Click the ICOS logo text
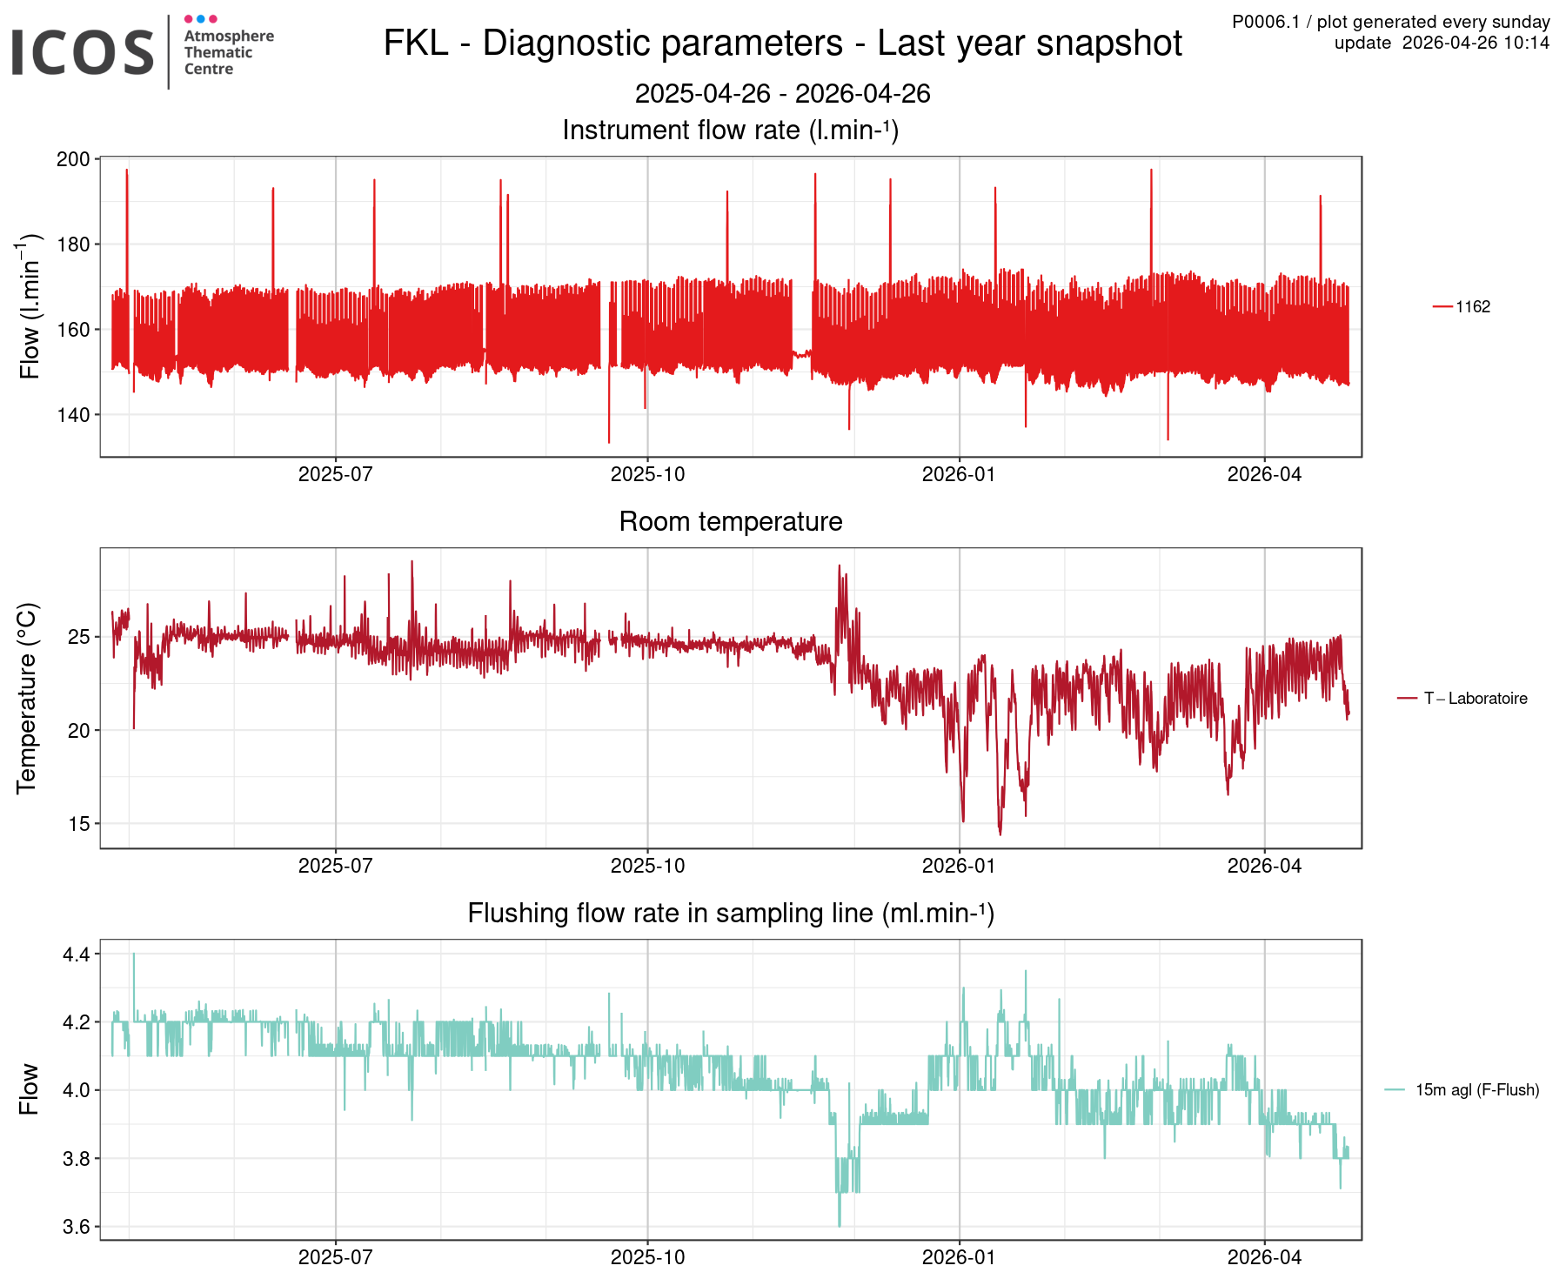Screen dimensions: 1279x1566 click(83, 52)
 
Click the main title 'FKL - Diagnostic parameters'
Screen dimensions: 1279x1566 click(782, 44)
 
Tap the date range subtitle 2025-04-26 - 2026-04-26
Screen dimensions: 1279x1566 click(782, 93)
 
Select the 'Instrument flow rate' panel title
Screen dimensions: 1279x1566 click(730, 130)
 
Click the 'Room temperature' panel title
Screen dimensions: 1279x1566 click(730, 521)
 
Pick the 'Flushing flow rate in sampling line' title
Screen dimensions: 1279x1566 click(730, 913)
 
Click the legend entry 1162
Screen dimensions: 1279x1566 click(1472, 306)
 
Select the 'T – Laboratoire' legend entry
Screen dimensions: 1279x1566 click(1475, 698)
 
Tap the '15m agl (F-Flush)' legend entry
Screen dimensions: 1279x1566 click(1476, 1089)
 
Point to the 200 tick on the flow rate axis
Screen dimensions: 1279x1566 click(73, 159)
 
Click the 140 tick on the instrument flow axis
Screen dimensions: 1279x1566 click(73, 415)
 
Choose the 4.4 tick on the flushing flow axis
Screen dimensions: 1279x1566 click(76, 955)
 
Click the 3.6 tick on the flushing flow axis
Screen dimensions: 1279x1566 click(76, 1228)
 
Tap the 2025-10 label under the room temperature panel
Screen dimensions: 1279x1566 click(647, 866)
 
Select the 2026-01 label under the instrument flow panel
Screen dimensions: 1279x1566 click(959, 474)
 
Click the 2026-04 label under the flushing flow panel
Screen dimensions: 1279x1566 click(1264, 1257)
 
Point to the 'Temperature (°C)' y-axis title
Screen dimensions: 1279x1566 click(27, 698)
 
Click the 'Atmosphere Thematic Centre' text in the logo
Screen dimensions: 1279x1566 click(228, 52)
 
